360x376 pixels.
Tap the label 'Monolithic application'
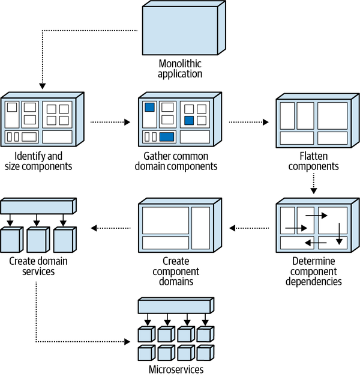[179, 69]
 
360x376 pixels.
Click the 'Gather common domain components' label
[178, 161]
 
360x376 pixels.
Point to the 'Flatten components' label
[314, 161]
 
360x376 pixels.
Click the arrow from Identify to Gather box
[110, 122]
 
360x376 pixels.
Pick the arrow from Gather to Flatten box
[249, 122]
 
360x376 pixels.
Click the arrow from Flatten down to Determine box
[314, 183]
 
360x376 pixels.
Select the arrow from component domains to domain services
[111, 228]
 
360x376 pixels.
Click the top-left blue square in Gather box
[149, 108]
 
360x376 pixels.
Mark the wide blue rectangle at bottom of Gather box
[167, 136]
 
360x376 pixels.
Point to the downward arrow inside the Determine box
[339, 233]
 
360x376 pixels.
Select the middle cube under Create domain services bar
[37, 239]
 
